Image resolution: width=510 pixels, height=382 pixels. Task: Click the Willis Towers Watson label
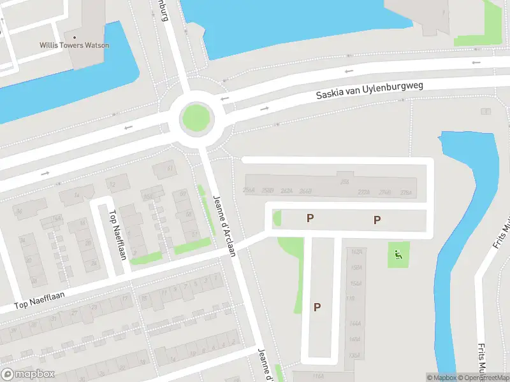[x=75, y=45]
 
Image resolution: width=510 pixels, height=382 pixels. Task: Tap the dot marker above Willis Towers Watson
[x=75, y=36]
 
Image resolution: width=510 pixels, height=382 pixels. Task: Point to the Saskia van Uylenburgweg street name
[x=369, y=89]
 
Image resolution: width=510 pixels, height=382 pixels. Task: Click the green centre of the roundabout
[x=196, y=118]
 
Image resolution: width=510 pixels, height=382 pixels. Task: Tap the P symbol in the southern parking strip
[x=317, y=307]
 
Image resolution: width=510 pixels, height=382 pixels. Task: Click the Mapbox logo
[x=28, y=374]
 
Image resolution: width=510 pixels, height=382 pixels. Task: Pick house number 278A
[x=406, y=192]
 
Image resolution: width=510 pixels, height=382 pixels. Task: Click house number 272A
[x=364, y=192]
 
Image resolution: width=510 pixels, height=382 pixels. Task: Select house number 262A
[x=286, y=191]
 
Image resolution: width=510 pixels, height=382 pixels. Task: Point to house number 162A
[x=356, y=251]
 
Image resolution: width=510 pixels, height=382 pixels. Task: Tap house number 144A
[x=355, y=323]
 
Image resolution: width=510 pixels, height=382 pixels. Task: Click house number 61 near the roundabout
[x=170, y=169]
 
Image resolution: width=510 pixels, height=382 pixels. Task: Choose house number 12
[x=113, y=185]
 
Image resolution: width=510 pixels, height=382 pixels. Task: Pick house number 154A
[x=356, y=283]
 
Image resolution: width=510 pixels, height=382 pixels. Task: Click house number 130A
[x=355, y=355]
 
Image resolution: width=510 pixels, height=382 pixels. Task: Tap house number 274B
[x=384, y=192]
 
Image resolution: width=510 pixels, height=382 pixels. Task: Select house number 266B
[x=305, y=191]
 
